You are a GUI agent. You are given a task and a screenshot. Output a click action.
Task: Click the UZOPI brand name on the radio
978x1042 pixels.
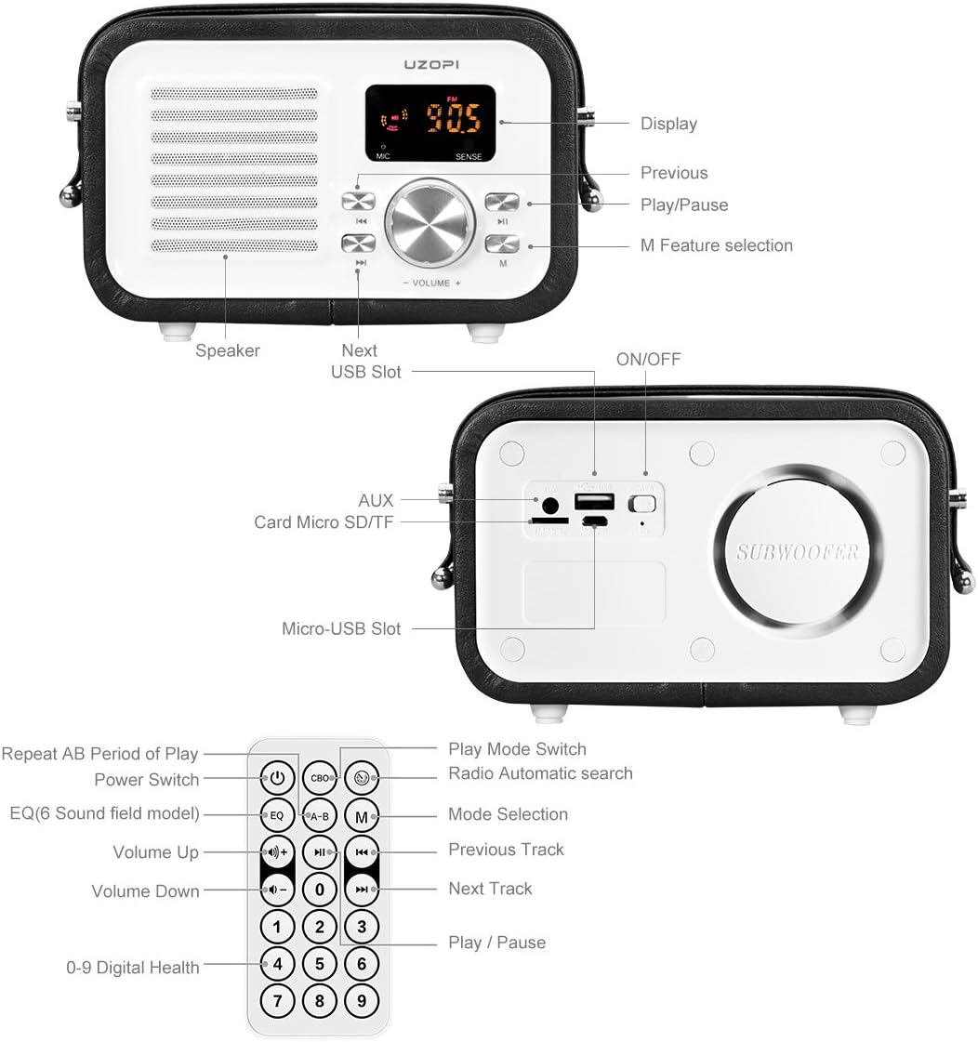tap(431, 66)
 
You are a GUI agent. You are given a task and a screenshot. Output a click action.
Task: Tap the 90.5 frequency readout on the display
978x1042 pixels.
tap(453, 119)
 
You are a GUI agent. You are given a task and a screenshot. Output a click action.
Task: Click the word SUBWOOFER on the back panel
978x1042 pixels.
tap(797, 551)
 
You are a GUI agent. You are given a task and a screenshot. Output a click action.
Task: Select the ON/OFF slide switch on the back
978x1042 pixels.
tap(642, 504)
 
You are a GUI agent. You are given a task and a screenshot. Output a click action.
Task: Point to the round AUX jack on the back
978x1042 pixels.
tap(549, 507)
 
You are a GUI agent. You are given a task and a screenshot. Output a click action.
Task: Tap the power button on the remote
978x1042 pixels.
tap(277, 777)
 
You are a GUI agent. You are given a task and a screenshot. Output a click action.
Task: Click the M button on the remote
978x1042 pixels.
tap(362, 817)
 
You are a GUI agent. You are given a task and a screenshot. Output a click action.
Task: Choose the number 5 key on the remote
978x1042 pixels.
tap(319, 964)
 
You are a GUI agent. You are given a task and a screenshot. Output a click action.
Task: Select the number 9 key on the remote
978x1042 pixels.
tap(362, 1001)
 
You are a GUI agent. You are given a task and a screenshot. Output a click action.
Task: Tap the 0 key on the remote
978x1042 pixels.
tap(319, 890)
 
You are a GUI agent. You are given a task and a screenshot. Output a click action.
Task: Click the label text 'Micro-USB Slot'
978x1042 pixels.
tap(341, 629)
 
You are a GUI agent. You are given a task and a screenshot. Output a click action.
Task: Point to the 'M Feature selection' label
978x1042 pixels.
tap(716, 245)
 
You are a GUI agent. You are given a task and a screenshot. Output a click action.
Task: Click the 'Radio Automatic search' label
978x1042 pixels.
tap(540, 773)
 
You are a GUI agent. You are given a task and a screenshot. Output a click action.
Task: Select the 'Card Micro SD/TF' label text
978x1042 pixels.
tap(324, 522)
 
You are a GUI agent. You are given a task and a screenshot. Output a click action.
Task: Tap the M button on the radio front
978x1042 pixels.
tap(501, 244)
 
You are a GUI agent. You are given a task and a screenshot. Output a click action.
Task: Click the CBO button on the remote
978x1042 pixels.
tap(319, 778)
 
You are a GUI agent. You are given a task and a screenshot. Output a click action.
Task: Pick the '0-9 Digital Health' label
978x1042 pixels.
tap(133, 968)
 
